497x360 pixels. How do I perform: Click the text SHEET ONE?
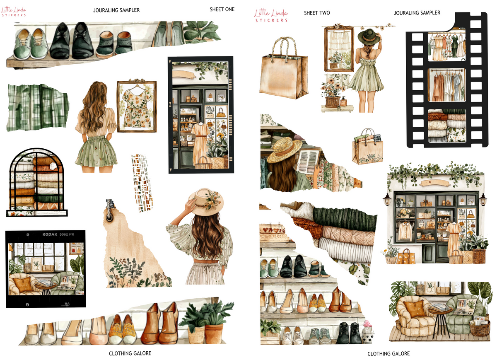click(222, 10)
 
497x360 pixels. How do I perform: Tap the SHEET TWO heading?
click(317, 13)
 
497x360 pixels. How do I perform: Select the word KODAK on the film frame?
click(51, 234)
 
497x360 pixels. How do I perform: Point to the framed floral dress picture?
click(137, 106)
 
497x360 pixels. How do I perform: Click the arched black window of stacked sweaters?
click(37, 182)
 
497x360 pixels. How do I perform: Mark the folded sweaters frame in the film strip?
click(446, 124)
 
